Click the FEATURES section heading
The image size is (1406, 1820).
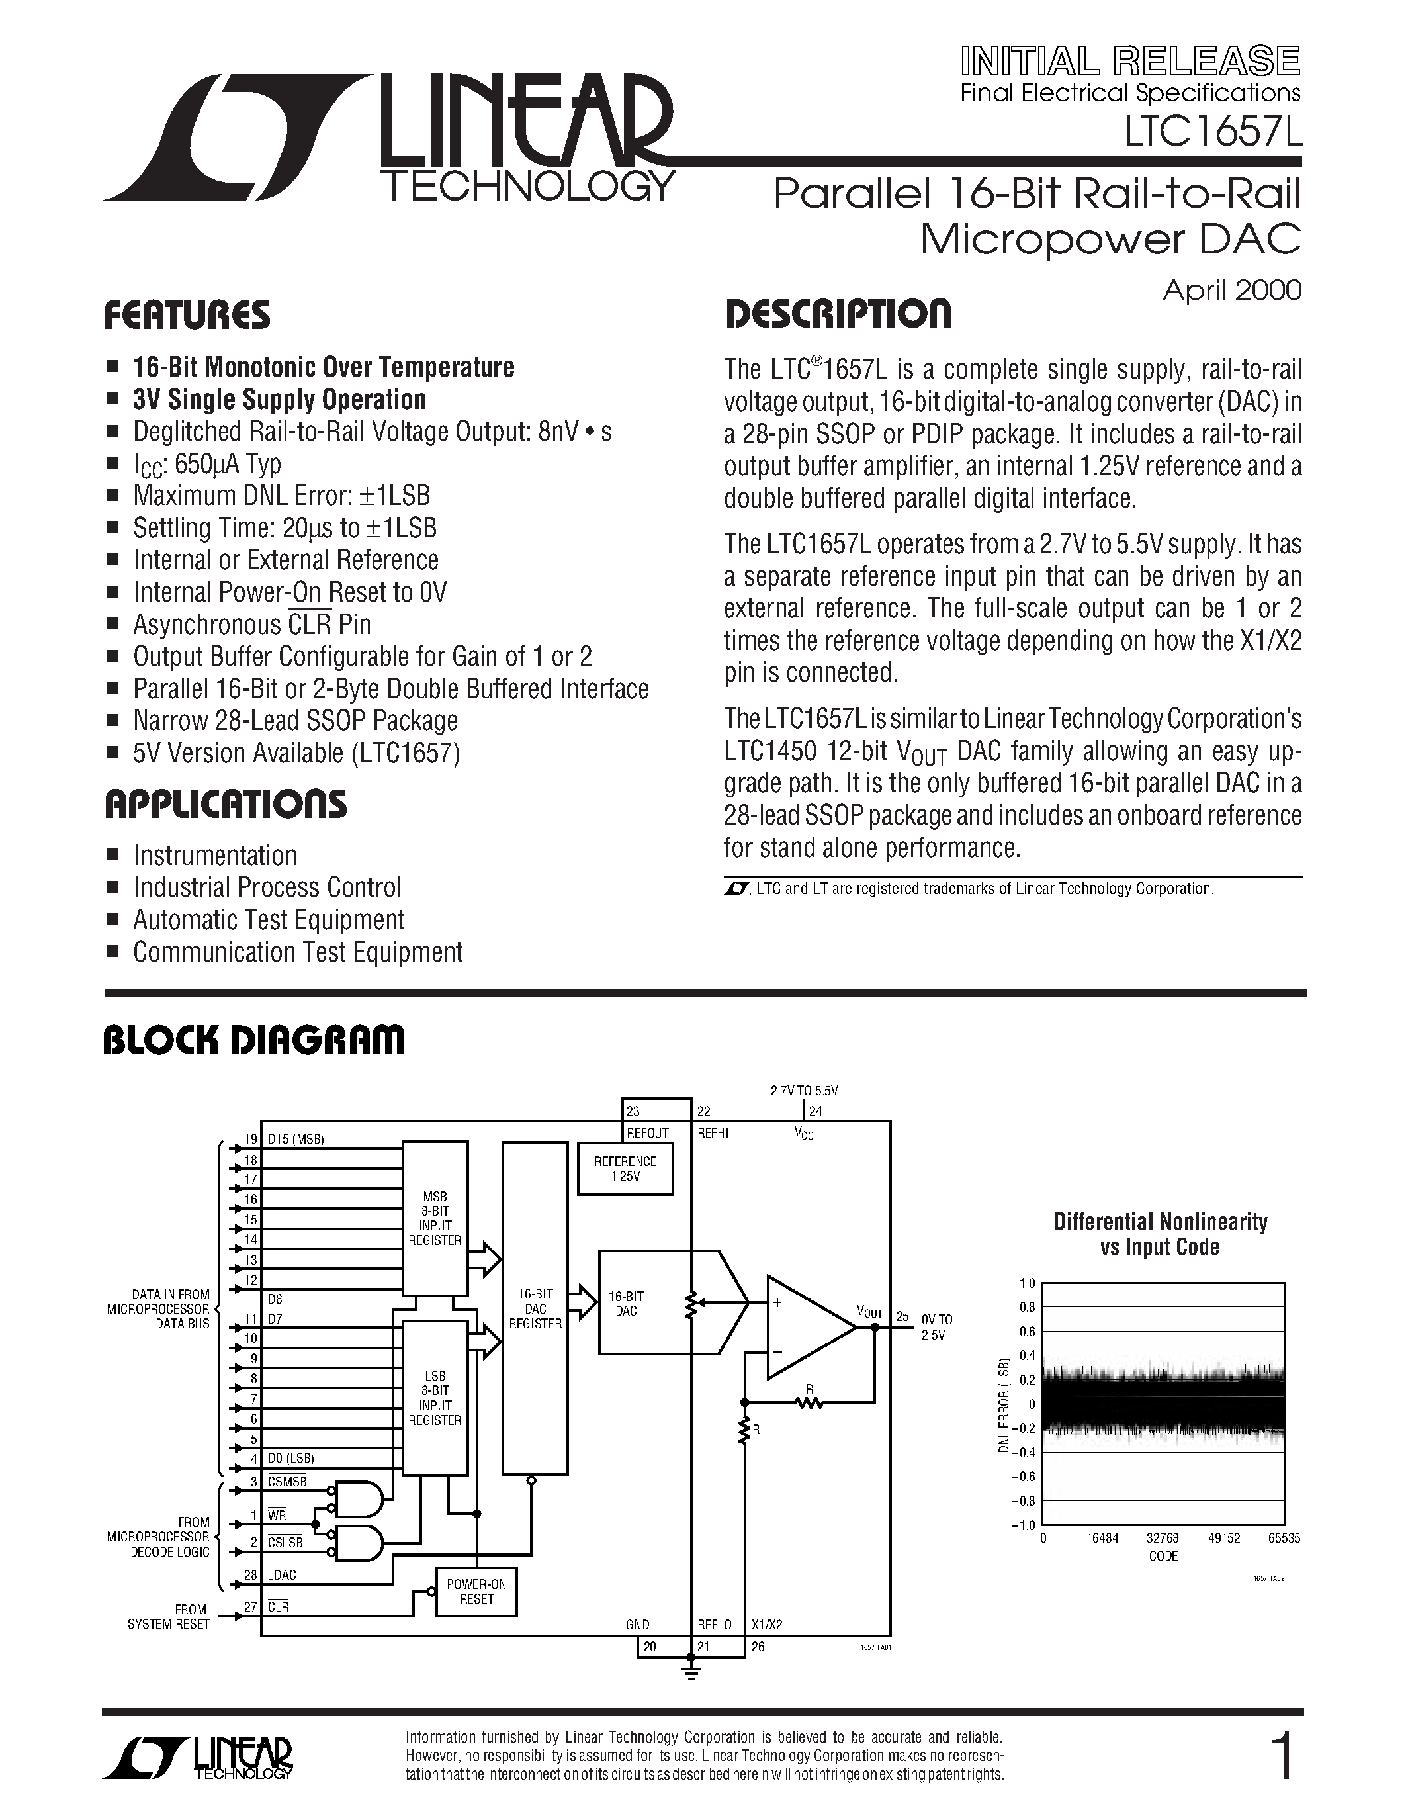[187, 316]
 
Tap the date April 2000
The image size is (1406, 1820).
[1231, 290]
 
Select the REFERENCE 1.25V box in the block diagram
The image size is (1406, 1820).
[625, 1168]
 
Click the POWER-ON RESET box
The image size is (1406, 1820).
[476, 1592]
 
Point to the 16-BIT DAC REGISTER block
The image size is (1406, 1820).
[535, 1308]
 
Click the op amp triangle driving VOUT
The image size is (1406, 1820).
[804, 1326]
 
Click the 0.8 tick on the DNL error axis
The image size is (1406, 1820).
[1027, 1308]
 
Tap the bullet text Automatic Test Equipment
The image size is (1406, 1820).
[268, 920]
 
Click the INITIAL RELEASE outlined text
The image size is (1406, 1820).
[1129, 62]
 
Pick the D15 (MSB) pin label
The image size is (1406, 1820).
[295, 1139]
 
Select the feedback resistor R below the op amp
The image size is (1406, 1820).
[809, 1402]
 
